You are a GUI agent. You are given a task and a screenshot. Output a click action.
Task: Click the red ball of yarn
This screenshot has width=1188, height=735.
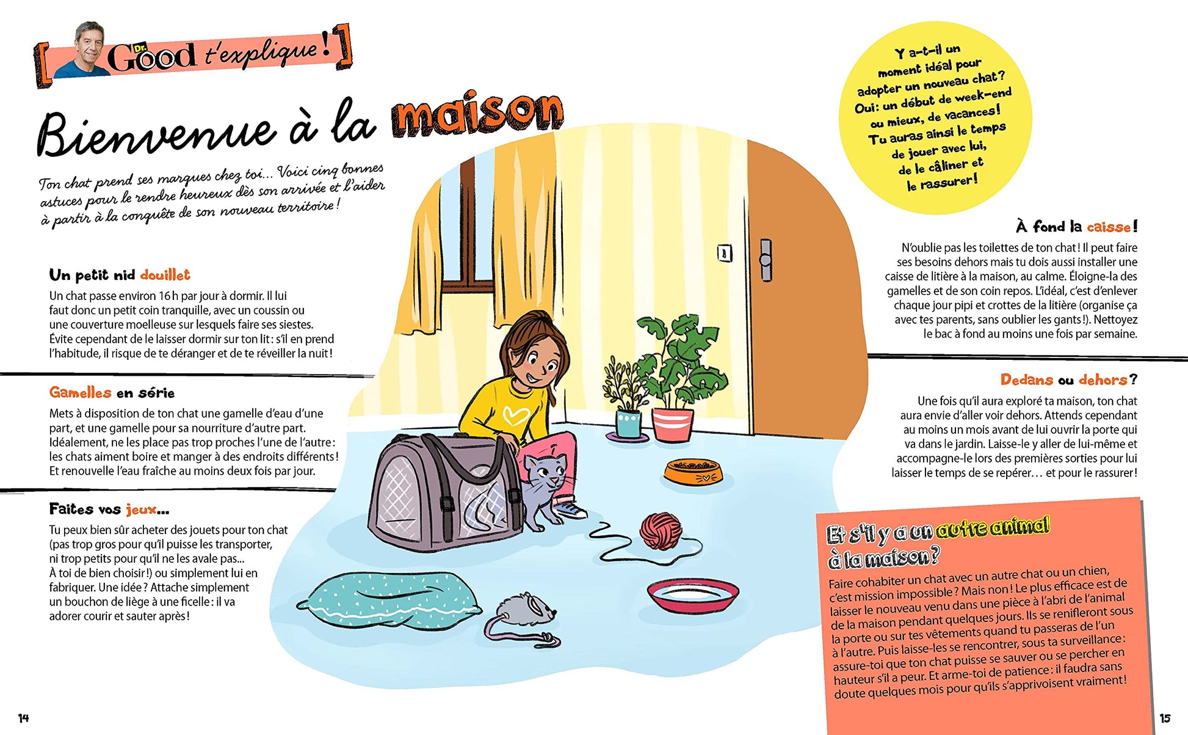point(661,530)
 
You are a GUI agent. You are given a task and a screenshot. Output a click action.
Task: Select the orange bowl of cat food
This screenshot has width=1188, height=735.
point(693,471)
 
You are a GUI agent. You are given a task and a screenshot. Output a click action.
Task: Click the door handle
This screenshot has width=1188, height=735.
point(765,260)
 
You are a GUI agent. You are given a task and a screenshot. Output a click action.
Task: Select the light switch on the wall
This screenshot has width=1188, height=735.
point(724,252)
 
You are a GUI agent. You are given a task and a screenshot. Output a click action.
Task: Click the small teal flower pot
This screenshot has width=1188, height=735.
point(628,423)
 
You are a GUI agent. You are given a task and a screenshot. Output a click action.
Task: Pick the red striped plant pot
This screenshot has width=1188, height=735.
point(672,423)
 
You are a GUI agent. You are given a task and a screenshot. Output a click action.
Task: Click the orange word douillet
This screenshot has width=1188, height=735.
point(165,275)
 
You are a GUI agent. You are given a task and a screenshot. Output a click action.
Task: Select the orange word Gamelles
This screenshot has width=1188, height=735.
point(80,393)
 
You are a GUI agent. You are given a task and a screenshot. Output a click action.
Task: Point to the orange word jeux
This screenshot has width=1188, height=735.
point(141,510)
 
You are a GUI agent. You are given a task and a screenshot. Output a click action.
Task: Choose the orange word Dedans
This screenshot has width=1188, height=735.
point(1026,380)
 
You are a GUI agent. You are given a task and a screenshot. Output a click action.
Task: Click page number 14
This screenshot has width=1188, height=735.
point(23,718)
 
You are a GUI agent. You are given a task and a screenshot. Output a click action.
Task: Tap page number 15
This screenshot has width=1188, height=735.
point(1165,718)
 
